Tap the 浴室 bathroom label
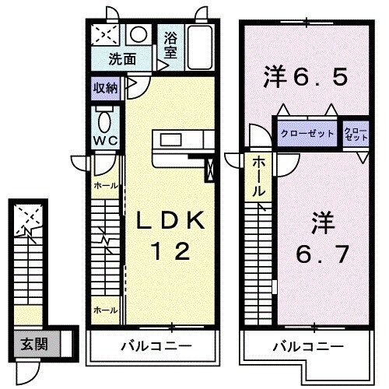click(x=170, y=44)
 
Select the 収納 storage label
click(x=107, y=87)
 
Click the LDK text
click(x=172, y=222)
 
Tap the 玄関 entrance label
click(x=29, y=343)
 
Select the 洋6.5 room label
click(x=303, y=78)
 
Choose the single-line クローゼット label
click(x=307, y=134)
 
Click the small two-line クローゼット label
click(x=354, y=133)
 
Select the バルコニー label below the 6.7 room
click(x=307, y=345)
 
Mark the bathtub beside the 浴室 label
click(x=200, y=44)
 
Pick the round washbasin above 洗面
click(x=138, y=35)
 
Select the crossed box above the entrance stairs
click(x=29, y=217)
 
